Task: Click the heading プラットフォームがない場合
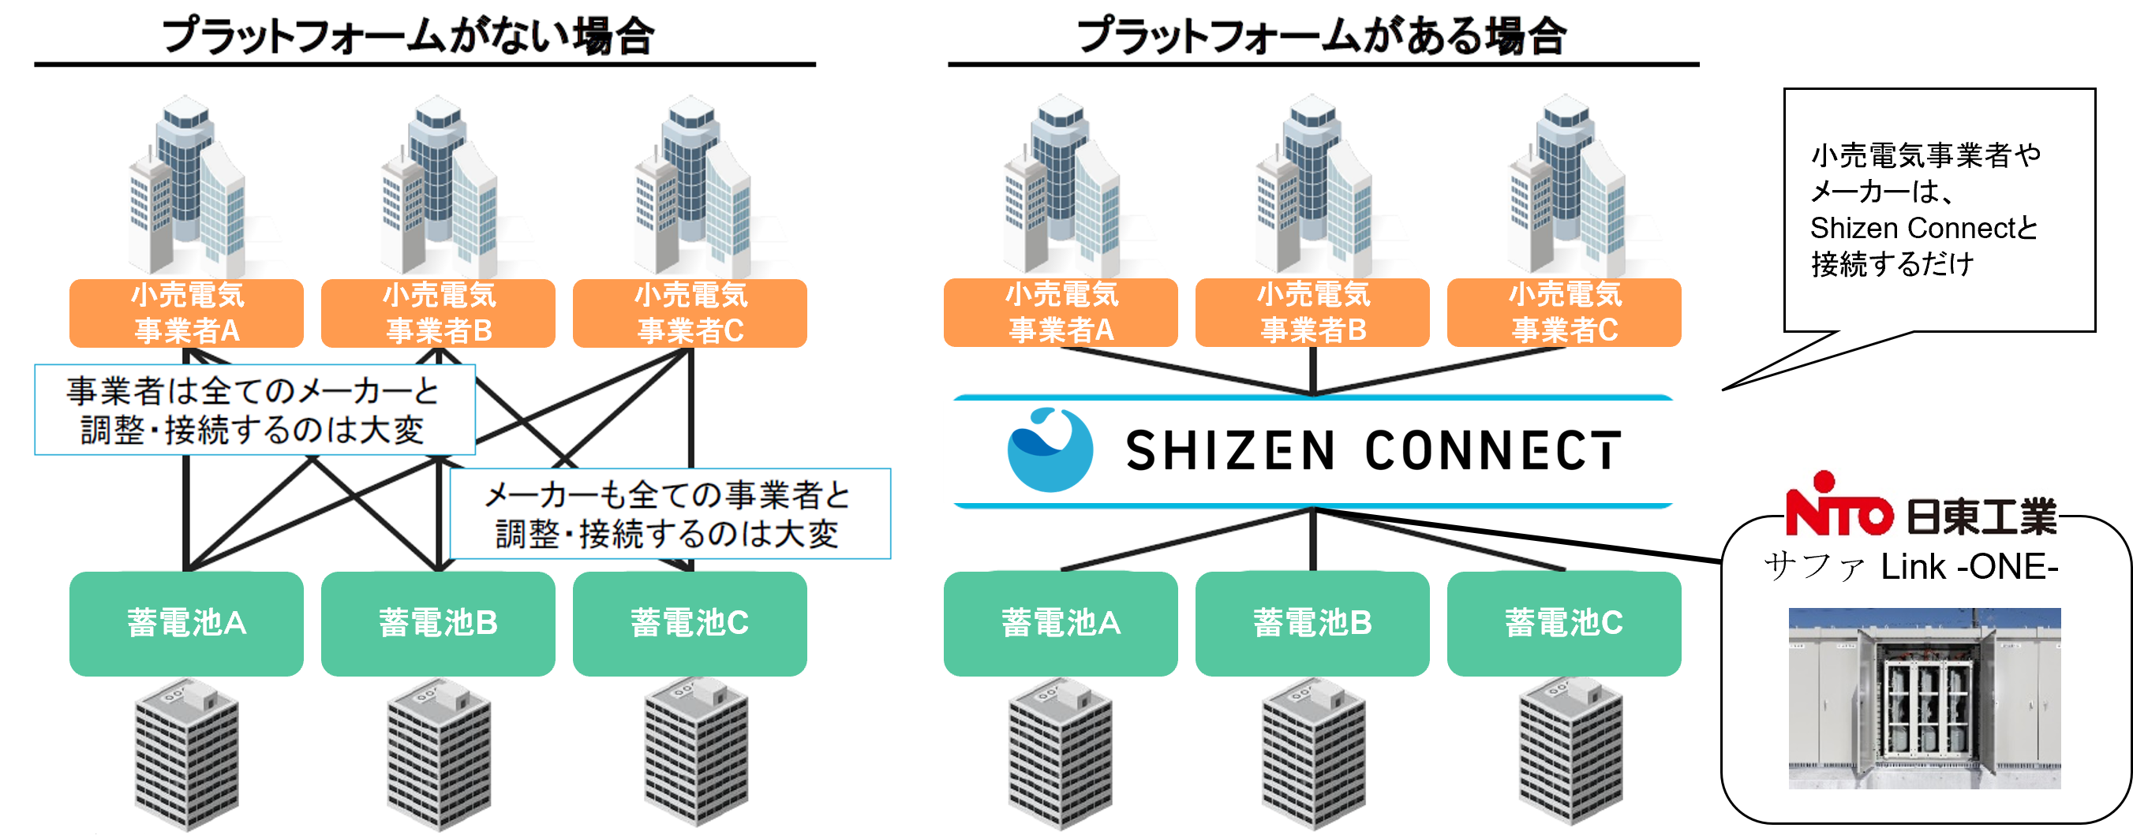[408, 36]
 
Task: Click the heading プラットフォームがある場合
[1322, 36]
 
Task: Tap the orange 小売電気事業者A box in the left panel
[186, 313]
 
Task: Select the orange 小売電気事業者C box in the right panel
[1564, 312]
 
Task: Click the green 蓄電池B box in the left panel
[438, 623]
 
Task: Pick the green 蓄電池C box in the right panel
[1564, 623]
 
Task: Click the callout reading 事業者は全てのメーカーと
[254, 409]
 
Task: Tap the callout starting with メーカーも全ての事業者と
[669, 514]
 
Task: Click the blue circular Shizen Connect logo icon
[1049, 450]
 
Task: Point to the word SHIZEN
[1229, 451]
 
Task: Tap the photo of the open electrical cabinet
[1924, 698]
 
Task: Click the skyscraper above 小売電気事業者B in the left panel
[439, 186]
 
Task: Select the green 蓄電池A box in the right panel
[1061, 623]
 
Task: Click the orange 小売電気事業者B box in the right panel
[1312, 312]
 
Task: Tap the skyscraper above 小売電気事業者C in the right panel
[1565, 186]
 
